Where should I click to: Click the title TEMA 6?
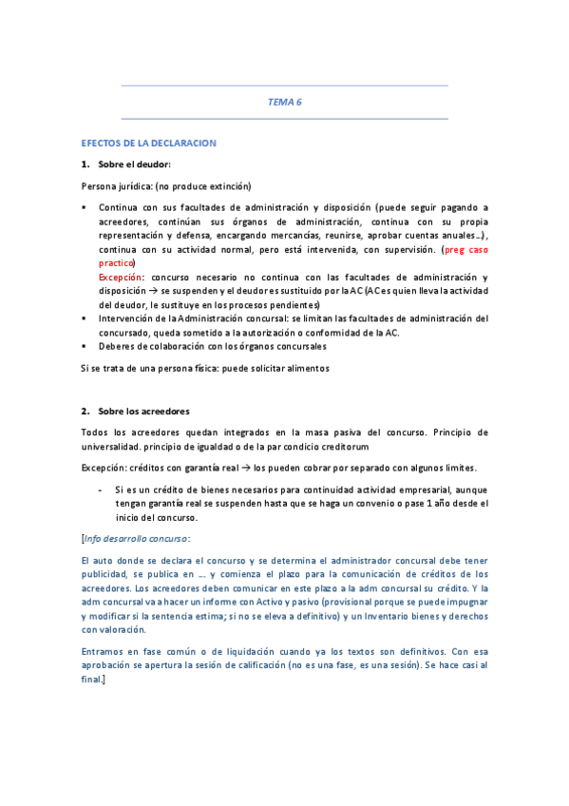click(284, 102)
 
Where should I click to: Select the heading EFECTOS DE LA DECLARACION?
click(149, 144)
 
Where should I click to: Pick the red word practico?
click(117, 262)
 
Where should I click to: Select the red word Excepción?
click(121, 277)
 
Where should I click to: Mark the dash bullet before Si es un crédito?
click(102, 489)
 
